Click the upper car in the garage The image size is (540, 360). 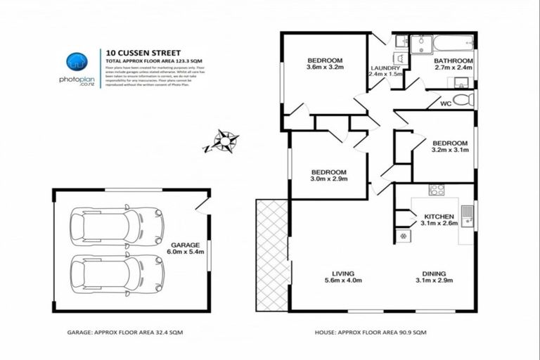(117, 226)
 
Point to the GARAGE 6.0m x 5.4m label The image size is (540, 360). (185, 249)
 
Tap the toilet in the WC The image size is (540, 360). (463, 101)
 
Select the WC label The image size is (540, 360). (445, 105)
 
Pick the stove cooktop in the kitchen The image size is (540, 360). (437, 189)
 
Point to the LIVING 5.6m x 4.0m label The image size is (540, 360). (343, 277)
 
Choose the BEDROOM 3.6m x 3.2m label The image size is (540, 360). (324, 64)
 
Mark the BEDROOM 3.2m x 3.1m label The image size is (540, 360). (449, 146)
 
